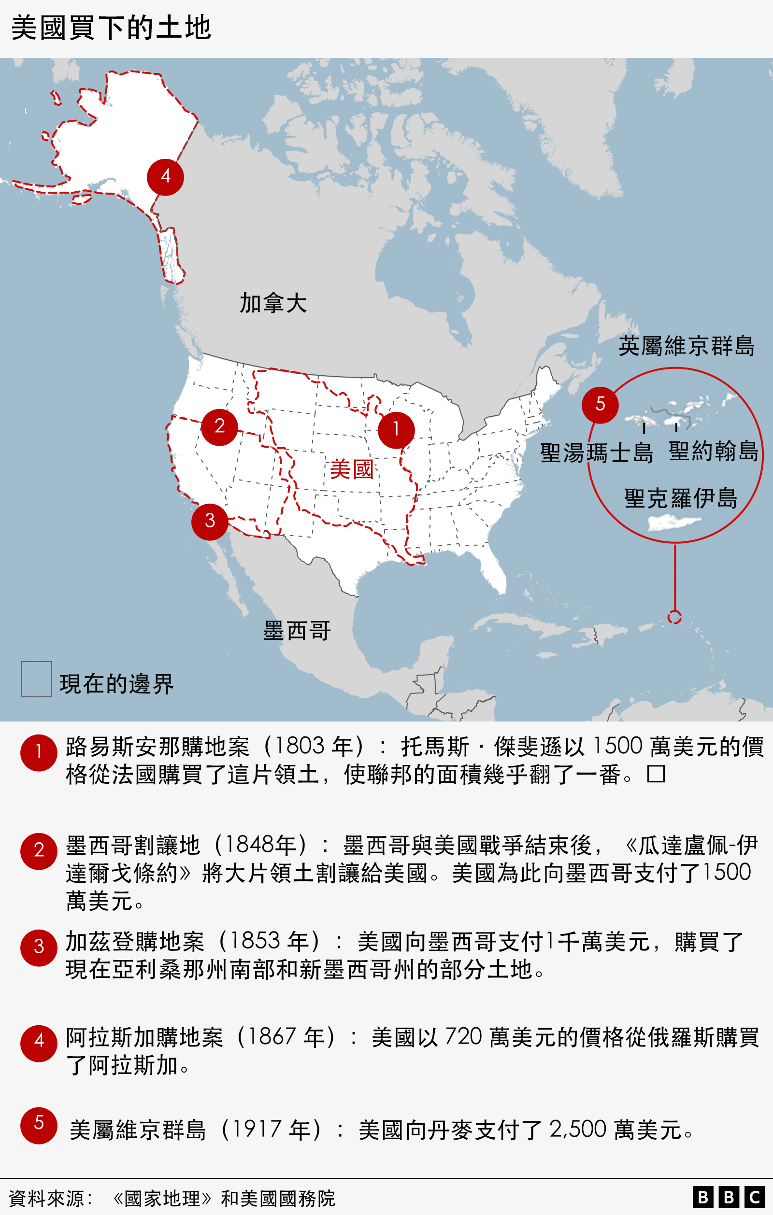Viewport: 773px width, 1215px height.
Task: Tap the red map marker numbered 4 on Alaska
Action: pos(165,177)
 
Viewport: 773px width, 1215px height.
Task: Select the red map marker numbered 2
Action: pos(219,427)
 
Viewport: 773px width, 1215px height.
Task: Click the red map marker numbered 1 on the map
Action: pos(396,430)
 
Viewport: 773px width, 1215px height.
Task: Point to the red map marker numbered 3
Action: pos(210,522)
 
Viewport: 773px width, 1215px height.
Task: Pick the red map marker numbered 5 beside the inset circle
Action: pos(600,405)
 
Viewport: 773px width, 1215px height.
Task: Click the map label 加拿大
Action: pos(272,303)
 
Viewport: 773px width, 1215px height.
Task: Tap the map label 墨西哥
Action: pos(297,631)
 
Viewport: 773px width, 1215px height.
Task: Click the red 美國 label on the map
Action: pos(351,470)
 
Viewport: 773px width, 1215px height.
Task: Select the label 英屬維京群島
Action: pos(686,346)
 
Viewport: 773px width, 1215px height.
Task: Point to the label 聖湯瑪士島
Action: pos(596,452)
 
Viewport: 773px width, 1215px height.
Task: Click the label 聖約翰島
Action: pos(714,451)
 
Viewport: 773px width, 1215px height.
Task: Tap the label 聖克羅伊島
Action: pos(681,498)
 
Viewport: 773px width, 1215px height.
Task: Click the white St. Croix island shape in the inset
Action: pos(673,523)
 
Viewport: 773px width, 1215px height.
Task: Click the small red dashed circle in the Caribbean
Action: pos(674,617)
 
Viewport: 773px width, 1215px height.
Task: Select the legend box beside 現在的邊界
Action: pos(36,679)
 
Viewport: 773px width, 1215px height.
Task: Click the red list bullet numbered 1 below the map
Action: pos(39,753)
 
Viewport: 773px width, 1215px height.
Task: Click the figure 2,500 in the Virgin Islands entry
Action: pos(578,1129)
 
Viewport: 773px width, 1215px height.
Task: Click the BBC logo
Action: pos(729,1197)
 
